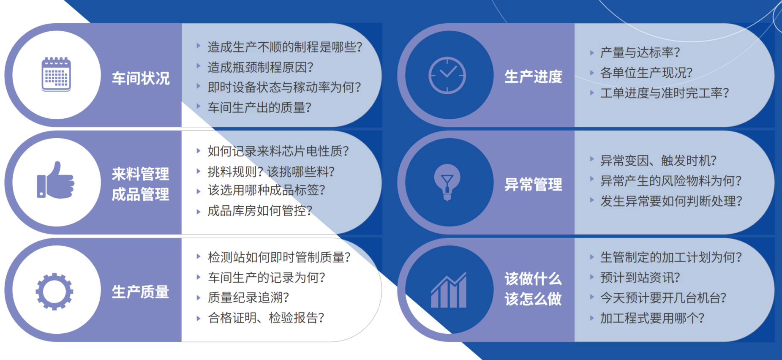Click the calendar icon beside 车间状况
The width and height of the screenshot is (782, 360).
pyautogui.click(x=56, y=74)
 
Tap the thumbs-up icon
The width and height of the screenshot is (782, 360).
pyautogui.click(x=56, y=180)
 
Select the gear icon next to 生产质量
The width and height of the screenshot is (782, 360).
pyautogui.click(x=54, y=292)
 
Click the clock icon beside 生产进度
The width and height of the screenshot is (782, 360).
pyautogui.click(x=447, y=75)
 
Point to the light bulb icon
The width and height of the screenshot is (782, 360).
pyautogui.click(x=447, y=182)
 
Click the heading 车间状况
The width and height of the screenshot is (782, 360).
pyautogui.click(x=141, y=78)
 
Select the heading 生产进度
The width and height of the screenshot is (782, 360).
pyautogui.click(x=534, y=76)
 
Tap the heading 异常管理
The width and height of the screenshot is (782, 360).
pyautogui.click(x=534, y=184)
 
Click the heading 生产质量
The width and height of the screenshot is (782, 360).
pyautogui.click(x=141, y=292)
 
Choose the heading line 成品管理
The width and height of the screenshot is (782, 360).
pyautogui.click(x=141, y=194)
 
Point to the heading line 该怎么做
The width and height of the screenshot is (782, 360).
pyautogui.click(x=534, y=299)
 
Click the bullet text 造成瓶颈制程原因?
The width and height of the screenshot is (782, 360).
pyautogui.click(x=260, y=67)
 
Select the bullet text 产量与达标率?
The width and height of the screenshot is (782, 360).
pyautogui.click(x=640, y=52)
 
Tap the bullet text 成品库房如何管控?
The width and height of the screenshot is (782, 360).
pyautogui.click(x=260, y=210)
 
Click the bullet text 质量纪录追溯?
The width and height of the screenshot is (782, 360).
pyautogui.click(x=248, y=297)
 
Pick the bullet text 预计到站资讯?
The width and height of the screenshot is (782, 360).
pyautogui.click(x=640, y=278)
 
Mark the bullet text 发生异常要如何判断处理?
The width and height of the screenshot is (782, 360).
pyautogui.click(x=671, y=201)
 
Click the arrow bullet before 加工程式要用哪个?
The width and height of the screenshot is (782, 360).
pyautogui.click(x=592, y=318)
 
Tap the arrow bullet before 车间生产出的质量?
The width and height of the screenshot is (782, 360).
pyautogui.click(x=198, y=106)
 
